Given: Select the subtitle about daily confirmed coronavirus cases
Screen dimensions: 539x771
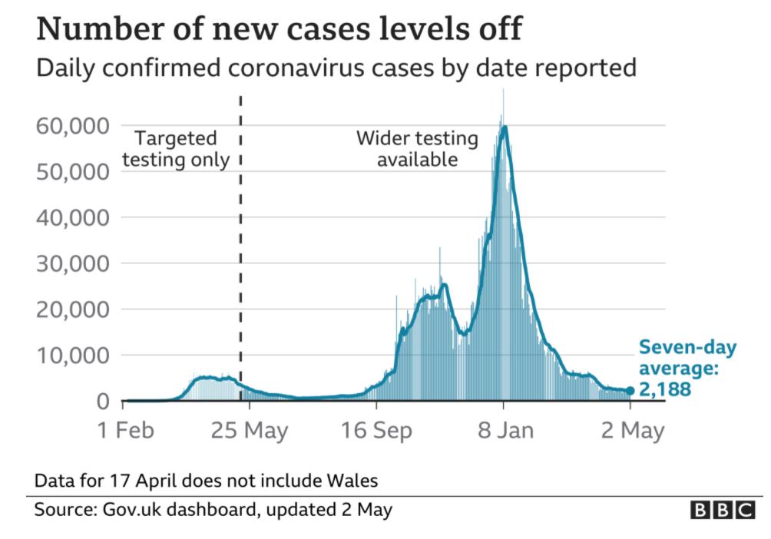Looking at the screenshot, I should (x=336, y=68).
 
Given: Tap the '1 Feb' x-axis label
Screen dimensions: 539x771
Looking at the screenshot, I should (x=126, y=431).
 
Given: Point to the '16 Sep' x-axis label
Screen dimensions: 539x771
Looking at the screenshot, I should (x=376, y=431).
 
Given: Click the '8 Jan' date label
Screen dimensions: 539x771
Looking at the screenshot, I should (x=504, y=431).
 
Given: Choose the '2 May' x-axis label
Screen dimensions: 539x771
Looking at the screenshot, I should (x=630, y=431).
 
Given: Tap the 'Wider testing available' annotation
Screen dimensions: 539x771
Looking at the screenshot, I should (x=417, y=149).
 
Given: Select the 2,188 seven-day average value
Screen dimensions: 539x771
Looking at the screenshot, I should (x=665, y=390).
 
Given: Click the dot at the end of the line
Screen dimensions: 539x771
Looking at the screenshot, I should (x=630, y=391).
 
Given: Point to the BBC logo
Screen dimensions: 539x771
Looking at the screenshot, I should (x=722, y=510).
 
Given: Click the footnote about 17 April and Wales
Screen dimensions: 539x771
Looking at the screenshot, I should (x=206, y=481).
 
